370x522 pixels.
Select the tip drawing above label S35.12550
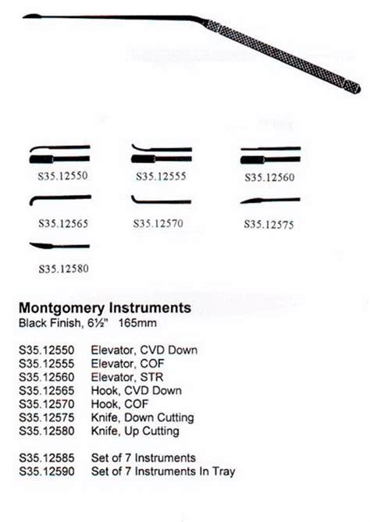pos(59,151)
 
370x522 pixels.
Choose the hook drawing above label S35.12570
pos(161,201)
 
